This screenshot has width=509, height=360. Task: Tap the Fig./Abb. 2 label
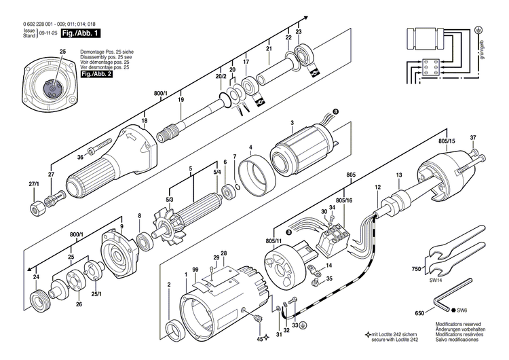tap(95, 73)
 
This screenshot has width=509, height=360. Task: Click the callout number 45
tap(259, 338)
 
